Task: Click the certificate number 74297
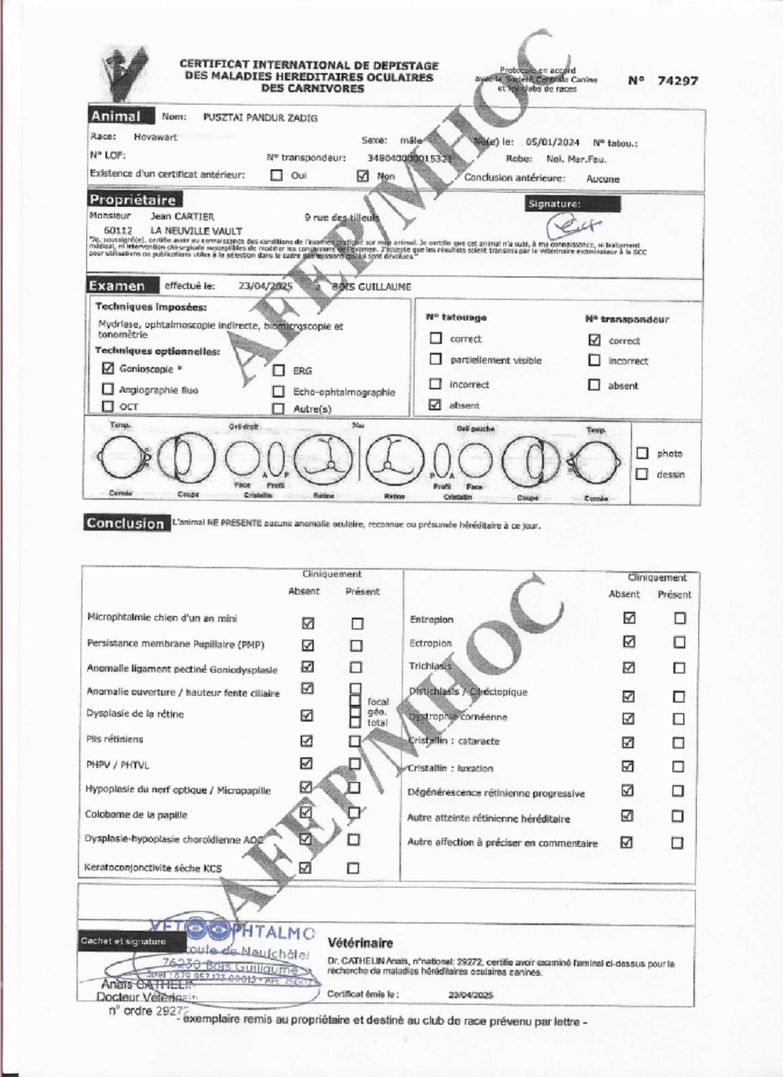(677, 81)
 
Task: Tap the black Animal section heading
(115, 116)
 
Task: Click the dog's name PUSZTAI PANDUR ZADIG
(260, 118)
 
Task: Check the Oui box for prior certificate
(277, 176)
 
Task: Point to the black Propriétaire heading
(132, 200)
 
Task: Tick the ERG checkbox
(279, 370)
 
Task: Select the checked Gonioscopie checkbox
(108, 368)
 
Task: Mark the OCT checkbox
(107, 407)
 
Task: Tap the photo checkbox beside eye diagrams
(642, 453)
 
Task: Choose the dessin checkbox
(642, 474)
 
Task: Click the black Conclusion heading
(125, 523)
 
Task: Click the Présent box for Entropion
(680, 618)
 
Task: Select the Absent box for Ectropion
(629, 642)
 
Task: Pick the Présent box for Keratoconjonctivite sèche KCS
(354, 868)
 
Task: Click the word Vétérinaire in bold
(360, 943)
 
